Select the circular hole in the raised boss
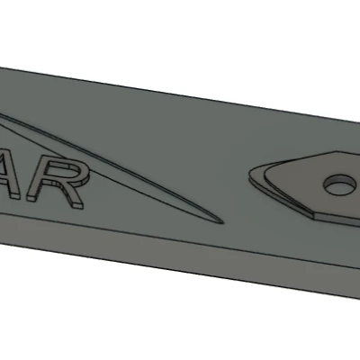338,184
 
